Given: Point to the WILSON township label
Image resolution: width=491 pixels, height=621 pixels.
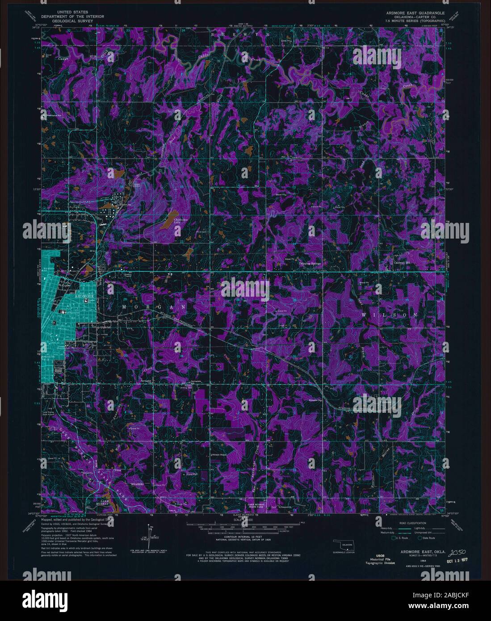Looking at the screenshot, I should (x=389, y=315).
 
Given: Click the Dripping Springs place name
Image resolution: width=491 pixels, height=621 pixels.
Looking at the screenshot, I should (x=310, y=264).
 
